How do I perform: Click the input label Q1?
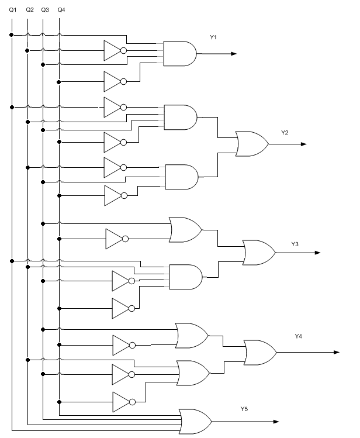point(12,10)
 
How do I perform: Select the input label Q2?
point(29,10)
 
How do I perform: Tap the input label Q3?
point(45,10)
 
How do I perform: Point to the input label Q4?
point(61,10)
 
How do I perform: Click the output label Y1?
point(213,37)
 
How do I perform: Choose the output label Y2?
point(285,133)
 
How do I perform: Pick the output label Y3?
point(295,243)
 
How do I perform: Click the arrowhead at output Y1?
point(233,54)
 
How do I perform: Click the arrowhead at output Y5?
point(275,421)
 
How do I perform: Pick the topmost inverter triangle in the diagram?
point(112,51)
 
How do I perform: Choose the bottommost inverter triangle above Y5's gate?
point(121,402)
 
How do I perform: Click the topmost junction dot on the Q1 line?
point(12,35)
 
